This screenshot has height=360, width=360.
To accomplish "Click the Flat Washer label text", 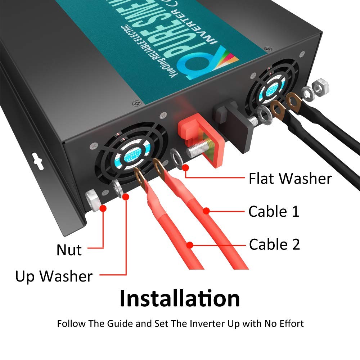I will coord(290,179).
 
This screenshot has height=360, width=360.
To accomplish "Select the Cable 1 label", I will coord(274,211).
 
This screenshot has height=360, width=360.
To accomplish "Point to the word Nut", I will coord(69,250).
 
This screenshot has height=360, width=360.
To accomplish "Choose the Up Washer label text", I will coord(54,276).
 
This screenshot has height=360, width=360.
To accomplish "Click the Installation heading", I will coord(180,298).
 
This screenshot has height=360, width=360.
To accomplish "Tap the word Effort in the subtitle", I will coord(290,323).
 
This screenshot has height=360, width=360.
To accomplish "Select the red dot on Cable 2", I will coord(190,246).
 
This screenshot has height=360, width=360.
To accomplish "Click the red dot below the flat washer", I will coord(186,167).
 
